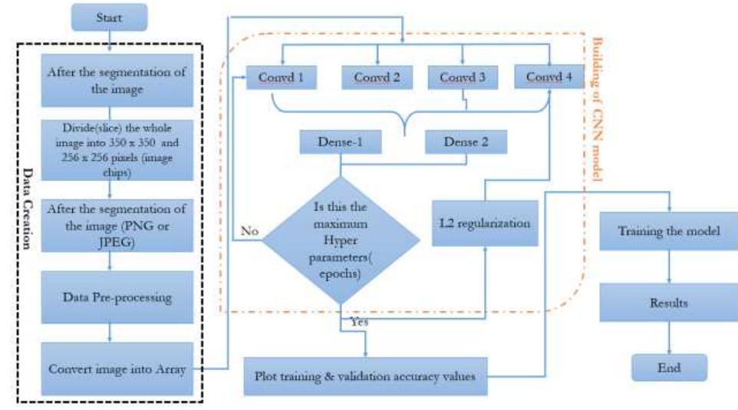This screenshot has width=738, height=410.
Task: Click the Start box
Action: click(108, 16)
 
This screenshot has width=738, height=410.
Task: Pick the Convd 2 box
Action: click(377, 77)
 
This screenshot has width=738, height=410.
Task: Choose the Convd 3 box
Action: click(463, 77)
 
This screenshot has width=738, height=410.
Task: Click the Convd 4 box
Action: click(548, 77)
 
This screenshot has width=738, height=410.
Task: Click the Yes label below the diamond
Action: click(359, 323)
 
